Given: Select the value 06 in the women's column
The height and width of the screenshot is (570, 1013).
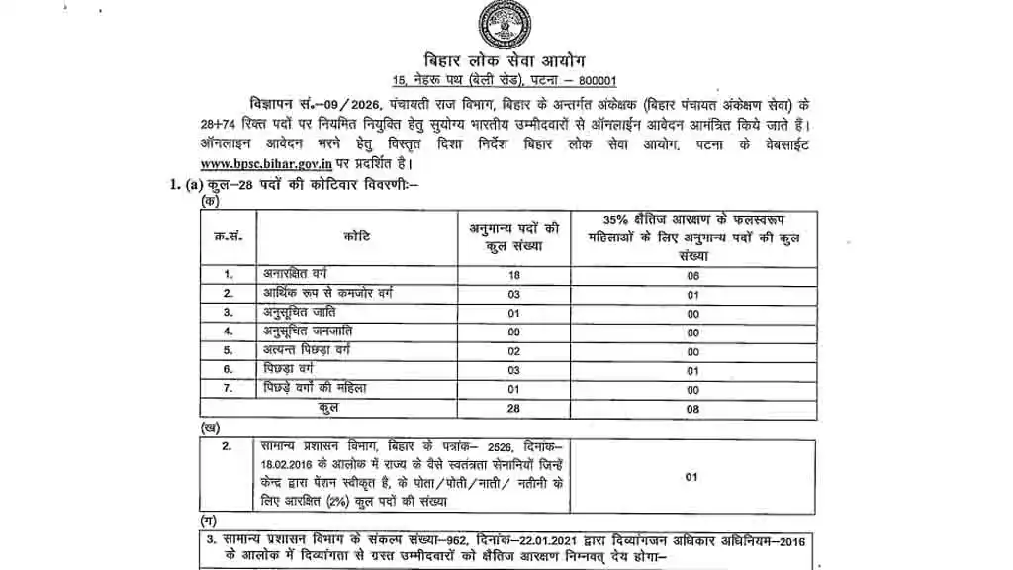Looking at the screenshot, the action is (x=692, y=276).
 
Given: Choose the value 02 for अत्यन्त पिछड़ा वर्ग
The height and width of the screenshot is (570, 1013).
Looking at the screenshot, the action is (x=512, y=350).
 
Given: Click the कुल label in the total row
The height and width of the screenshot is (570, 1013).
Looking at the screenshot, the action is (x=328, y=407).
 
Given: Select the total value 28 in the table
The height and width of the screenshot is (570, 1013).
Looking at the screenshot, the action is (x=512, y=407).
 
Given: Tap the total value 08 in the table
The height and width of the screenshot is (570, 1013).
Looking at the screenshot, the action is (x=692, y=407).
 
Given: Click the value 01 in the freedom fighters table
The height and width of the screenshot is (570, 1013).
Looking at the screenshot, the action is (x=692, y=476).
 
